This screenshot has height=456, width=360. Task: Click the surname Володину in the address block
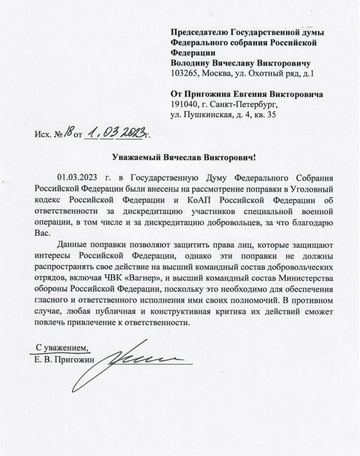tap(189, 63)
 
